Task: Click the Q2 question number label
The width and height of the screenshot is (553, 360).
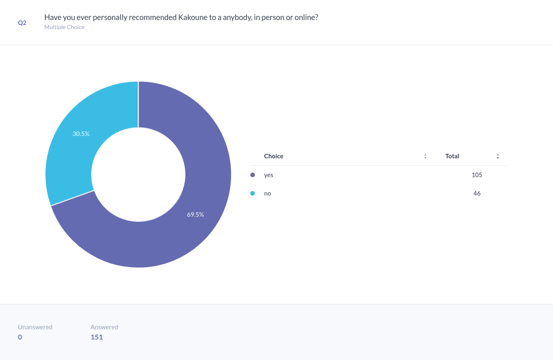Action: [22, 23]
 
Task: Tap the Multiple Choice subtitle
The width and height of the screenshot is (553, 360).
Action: [64, 27]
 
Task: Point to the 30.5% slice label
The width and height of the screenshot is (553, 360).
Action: [81, 134]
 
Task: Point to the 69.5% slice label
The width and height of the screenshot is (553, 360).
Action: [196, 214]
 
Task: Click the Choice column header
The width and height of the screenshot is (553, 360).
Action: [274, 156]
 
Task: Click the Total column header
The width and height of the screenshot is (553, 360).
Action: [452, 156]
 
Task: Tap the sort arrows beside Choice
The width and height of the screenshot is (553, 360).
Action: [425, 156]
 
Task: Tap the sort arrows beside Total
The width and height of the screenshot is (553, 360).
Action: [498, 156]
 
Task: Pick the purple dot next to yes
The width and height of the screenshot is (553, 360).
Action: [252, 175]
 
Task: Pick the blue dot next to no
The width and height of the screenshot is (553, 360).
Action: [252, 193]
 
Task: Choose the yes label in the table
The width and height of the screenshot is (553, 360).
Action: [268, 175]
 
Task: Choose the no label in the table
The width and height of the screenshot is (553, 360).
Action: [268, 193]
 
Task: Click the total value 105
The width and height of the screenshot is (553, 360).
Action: [477, 175]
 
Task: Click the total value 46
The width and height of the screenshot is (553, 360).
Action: [477, 193]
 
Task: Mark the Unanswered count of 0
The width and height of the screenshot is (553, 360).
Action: [20, 337]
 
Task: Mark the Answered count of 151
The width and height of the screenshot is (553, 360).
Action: [97, 337]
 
